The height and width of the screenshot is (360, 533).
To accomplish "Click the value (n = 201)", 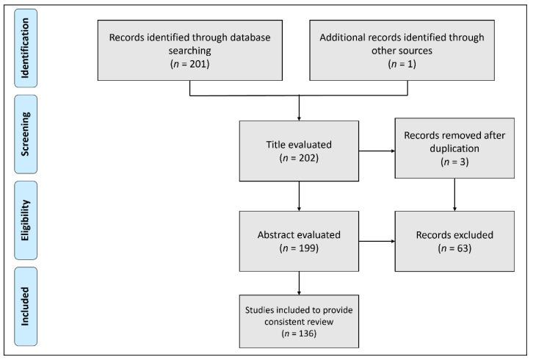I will click(189, 65).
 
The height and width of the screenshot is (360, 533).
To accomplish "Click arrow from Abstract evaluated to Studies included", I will click(299, 281).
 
